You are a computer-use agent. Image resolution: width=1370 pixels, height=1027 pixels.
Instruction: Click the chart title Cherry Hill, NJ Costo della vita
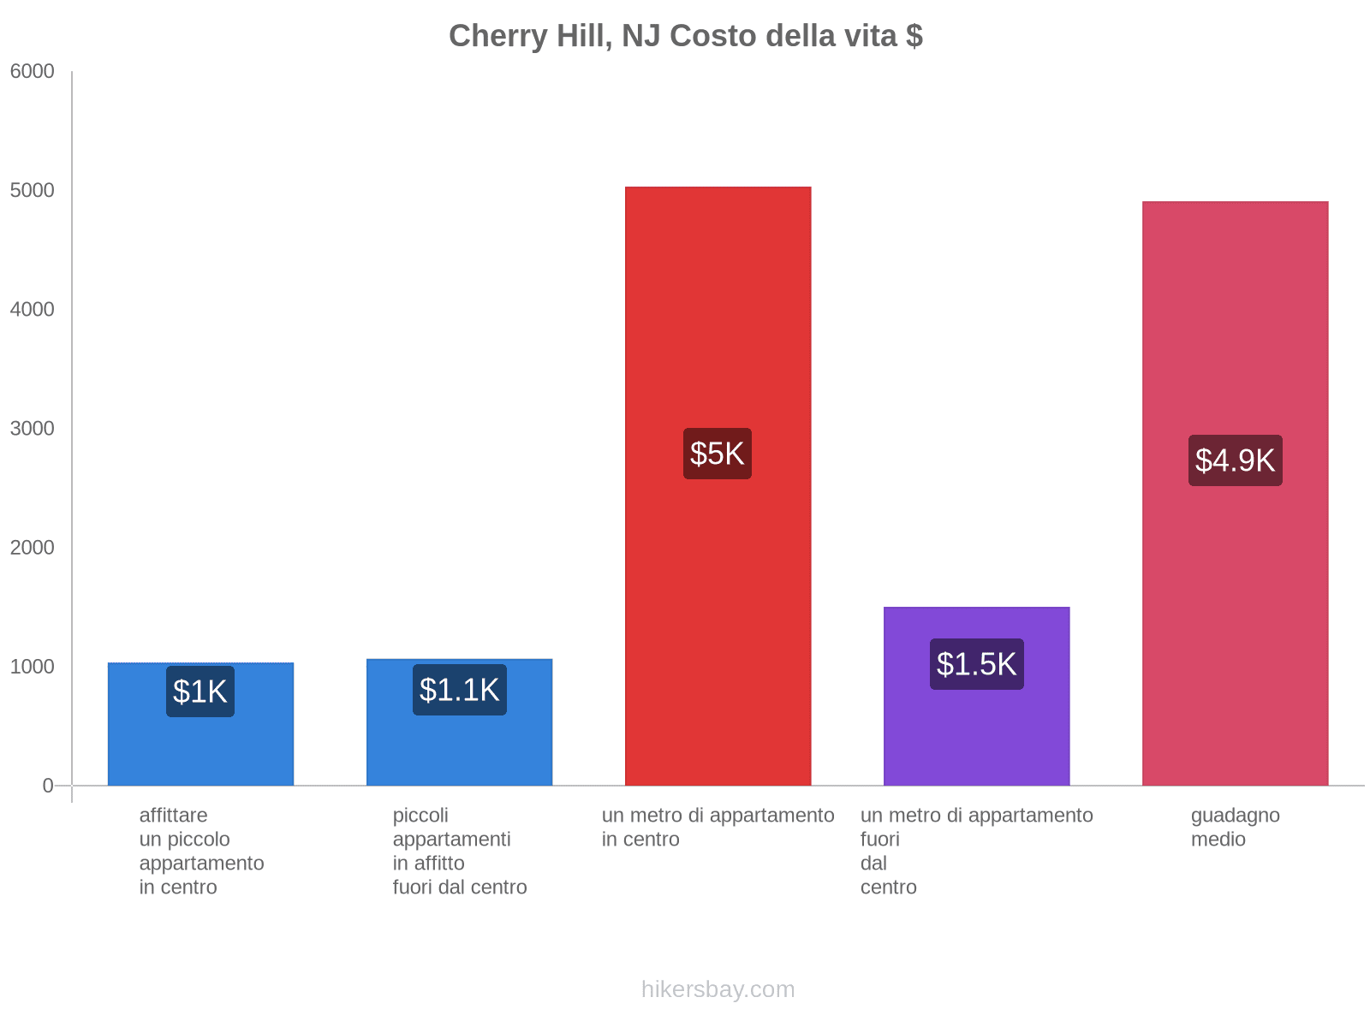(685, 36)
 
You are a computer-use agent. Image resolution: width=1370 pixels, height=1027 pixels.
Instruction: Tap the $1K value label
(200, 692)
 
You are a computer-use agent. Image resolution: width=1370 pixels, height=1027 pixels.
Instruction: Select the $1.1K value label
(460, 690)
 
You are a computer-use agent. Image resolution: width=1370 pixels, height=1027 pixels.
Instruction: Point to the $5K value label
(718, 454)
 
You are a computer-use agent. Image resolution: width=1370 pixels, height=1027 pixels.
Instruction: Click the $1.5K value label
(976, 664)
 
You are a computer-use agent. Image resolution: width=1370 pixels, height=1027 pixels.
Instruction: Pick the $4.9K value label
(1235, 460)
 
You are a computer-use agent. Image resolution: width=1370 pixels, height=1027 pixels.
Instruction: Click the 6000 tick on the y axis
(33, 72)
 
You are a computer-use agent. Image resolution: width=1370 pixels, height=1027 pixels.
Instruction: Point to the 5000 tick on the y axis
(33, 191)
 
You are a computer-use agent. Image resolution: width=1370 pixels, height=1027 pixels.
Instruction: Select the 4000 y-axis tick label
(33, 310)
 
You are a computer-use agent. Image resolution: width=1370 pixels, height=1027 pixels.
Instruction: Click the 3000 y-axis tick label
(33, 429)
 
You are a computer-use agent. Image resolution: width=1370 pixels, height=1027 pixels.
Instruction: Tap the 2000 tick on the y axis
(33, 548)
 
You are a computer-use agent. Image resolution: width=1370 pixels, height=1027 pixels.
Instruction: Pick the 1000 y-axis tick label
(33, 667)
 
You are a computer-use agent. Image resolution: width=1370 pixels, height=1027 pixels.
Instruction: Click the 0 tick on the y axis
(48, 786)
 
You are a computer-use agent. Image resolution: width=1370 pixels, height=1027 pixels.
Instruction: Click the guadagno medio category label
(1235, 828)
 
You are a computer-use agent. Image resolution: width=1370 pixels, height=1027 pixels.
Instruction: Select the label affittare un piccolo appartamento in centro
(201, 851)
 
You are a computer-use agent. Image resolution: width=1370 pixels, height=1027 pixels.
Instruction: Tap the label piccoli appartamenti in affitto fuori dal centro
(460, 851)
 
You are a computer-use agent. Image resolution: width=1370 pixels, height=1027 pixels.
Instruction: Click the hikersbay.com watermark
(718, 989)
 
